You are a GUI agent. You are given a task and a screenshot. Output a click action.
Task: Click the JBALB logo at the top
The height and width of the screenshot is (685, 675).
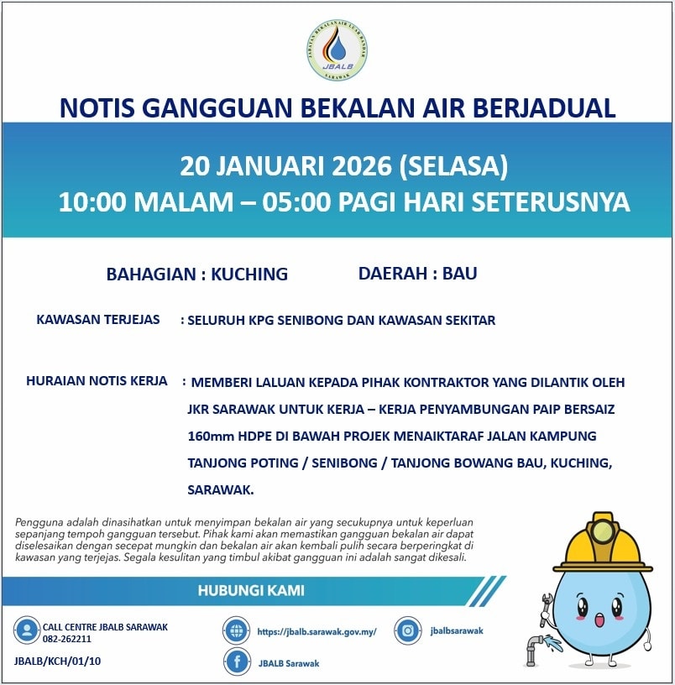(337, 51)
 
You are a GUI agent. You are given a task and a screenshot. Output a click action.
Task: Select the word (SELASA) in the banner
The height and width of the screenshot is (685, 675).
(454, 165)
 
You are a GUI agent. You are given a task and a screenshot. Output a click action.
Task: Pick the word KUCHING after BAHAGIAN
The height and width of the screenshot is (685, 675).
(249, 274)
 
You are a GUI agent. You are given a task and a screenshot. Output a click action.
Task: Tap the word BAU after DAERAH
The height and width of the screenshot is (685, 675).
(459, 273)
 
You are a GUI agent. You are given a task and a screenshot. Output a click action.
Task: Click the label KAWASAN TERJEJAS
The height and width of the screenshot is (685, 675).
(98, 320)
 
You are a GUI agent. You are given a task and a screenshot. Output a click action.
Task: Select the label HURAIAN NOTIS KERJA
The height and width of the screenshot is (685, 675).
(97, 381)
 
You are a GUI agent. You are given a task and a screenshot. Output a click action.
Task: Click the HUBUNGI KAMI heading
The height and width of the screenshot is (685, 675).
(251, 590)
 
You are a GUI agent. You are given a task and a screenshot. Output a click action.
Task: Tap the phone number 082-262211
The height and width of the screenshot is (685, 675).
(67, 639)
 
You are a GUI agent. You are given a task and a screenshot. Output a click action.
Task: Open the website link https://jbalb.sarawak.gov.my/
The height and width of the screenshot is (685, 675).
(317, 631)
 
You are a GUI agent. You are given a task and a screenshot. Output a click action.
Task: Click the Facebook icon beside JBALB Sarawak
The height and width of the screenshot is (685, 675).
(237, 662)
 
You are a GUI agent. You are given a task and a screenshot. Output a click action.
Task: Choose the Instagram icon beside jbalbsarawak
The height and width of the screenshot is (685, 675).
(408, 630)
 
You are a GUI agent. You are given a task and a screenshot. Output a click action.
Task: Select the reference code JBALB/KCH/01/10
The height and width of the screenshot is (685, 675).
(58, 661)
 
